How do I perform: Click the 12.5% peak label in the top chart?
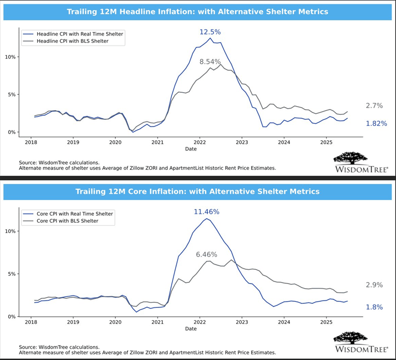coord(210,32)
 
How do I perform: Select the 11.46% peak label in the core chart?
coord(207,211)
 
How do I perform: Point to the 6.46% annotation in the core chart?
coord(207,254)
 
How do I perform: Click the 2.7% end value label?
coord(374,106)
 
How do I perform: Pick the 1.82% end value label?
coord(376,123)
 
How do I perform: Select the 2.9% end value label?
coord(374,285)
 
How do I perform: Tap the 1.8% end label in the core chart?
coord(374,307)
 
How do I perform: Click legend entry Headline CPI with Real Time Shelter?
coord(80,34)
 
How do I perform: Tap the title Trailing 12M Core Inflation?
coord(197,191)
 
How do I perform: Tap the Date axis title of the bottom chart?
coord(191,329)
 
